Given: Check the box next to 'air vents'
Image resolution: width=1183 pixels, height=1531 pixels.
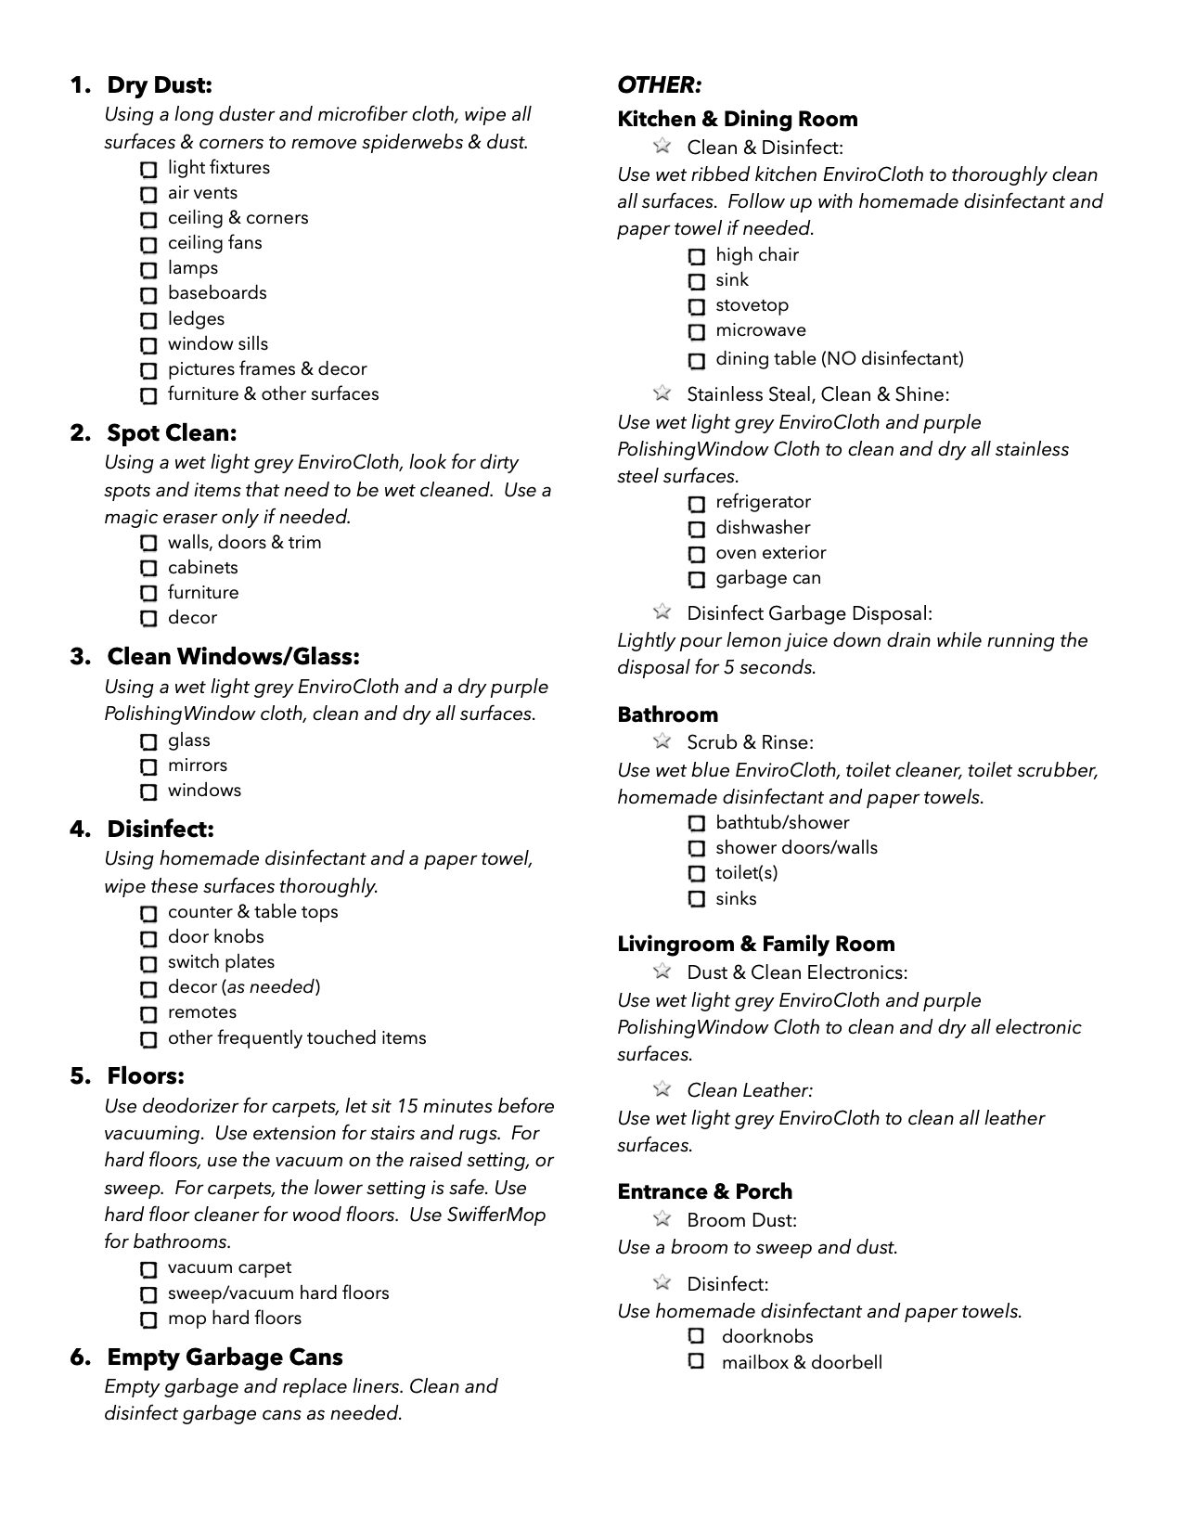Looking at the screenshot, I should click(148, 195).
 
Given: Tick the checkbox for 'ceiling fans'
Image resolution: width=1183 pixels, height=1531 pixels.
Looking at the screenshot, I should click(148, 245).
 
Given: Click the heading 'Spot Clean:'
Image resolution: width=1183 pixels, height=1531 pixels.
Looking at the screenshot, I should click(172, 433).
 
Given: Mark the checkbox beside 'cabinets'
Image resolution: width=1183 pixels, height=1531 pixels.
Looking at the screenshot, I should click(148, 568).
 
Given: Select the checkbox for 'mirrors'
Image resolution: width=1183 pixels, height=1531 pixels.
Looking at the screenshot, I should click(148, 766).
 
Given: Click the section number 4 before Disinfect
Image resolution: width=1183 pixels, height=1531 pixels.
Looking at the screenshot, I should click(80, 829).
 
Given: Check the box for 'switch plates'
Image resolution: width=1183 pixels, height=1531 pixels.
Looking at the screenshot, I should click(148, 963).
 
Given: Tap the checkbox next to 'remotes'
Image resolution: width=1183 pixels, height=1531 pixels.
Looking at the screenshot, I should click(148, 1013).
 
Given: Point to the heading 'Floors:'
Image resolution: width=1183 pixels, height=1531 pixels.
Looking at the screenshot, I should click(146, 1076).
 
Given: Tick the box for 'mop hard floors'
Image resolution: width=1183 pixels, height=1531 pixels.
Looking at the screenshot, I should click(148, 1319).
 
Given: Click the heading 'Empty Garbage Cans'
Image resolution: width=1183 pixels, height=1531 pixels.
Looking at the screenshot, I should click(225, 1357).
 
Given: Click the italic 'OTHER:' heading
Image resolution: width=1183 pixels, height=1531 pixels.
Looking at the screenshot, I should click(660, 85).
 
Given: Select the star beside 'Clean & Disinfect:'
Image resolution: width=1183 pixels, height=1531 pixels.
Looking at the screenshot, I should click(662, 146).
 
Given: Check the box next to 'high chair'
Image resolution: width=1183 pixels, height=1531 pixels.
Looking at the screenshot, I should click(697, 256).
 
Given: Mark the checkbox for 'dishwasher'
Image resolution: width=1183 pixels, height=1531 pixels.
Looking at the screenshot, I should click(697, 529).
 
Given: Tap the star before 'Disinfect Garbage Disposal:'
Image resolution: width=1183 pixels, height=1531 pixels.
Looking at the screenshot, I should click(662, 611).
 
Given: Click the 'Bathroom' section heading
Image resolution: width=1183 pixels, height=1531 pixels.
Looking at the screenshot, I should click(667, 714).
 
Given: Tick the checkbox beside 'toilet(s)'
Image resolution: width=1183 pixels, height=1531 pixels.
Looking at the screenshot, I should click(697, 874).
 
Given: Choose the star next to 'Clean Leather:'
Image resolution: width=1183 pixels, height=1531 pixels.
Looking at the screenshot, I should click(662, 1088).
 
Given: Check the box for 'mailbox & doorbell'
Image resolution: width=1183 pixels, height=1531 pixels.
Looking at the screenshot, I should click(697, 1362).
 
